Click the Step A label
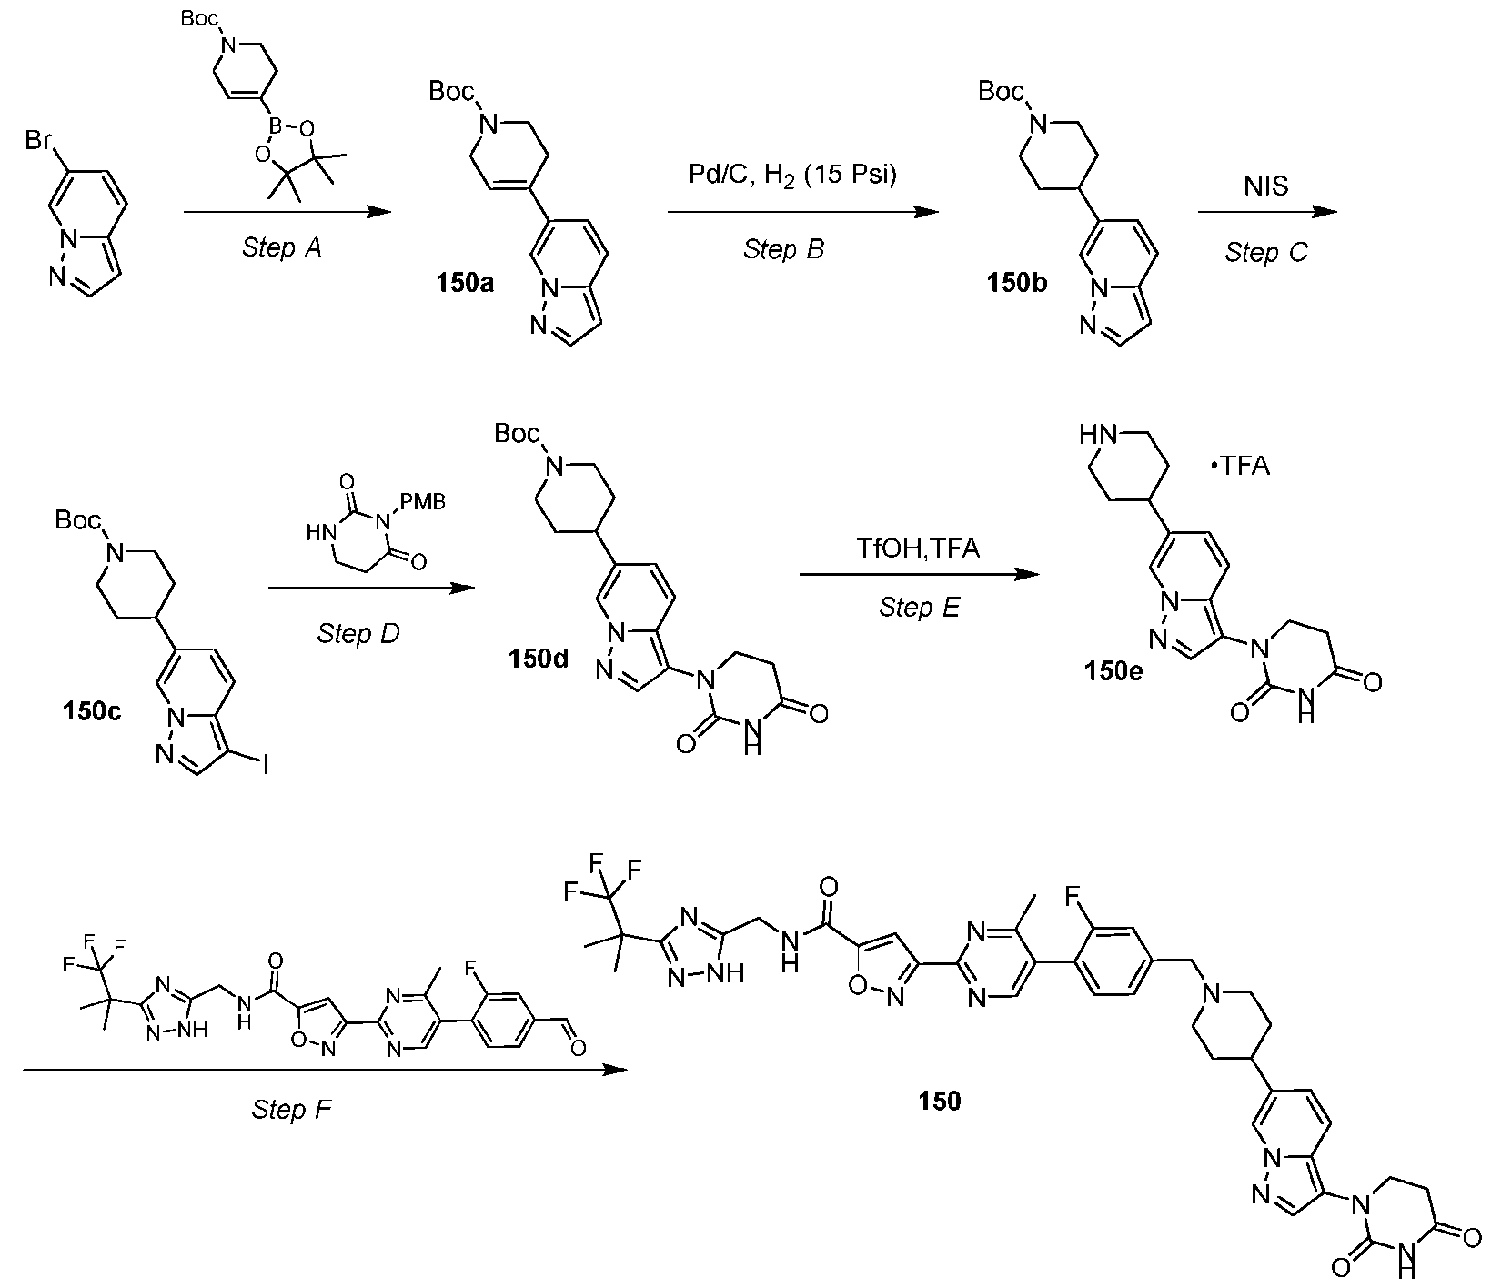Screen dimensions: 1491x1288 pyautogui.click(x=282, y=247)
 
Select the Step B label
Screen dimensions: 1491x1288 pyautogui.click(x=784, y=249)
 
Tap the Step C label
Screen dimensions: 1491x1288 pyautogui.click(x=1266, y=252)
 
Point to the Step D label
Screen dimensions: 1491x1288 pyautogui.click(x=358, y=633)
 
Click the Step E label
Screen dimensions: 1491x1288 pyautogui.click(x=920, y=608)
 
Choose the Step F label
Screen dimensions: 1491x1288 pyautogui.click(x=291, y=1110)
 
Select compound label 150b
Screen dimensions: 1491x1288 pyautogui.click(x=1017, y=284)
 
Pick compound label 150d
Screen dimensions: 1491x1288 pyautogui.click(x=539, y=657)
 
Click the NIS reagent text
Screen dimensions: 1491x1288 pyautogui.click(x=1266, y=187)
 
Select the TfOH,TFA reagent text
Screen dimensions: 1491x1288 pyautogui.click(x=919, y=549)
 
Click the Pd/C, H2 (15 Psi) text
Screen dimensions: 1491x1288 pyautogui.click(x=791, y=176)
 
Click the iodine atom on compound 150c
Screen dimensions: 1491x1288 pyautogui.click(x=265, y=770)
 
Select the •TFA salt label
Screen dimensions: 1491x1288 pyautogui.click(x=1239, y=467)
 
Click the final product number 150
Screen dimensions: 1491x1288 pyautogui.click(x=940, y=1102)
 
